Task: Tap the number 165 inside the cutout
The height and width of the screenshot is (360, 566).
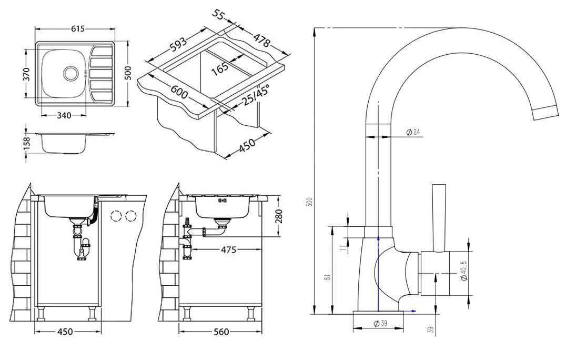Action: [220, 68]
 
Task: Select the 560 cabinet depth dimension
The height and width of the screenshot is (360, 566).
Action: [221, 332]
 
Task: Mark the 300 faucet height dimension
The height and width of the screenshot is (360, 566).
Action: [310, 202]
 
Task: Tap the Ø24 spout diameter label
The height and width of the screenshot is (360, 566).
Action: [413, 132]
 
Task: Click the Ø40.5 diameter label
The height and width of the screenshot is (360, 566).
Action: [464, 271]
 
